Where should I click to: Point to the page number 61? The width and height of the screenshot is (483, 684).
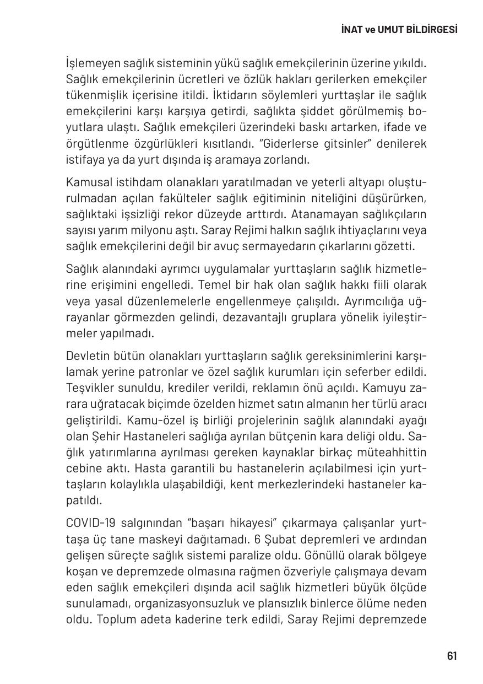point(452,655)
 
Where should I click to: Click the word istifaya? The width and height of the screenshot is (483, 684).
point(83,160)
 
